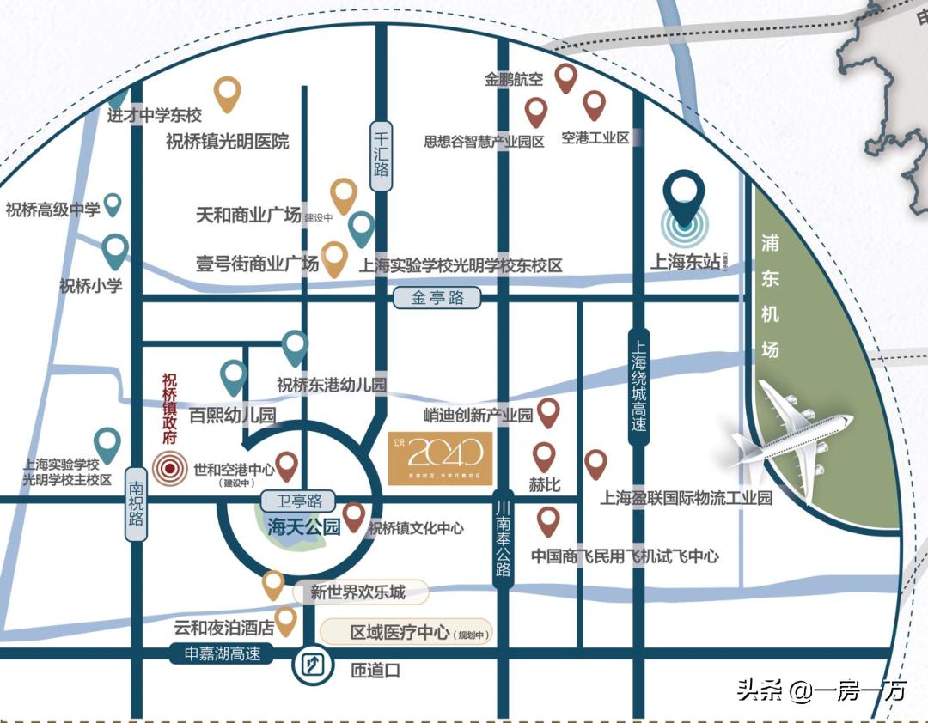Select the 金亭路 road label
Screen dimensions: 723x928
(x=437, y=299)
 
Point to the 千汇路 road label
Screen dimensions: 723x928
(x=382, y=149)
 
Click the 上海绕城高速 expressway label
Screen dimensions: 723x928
(x=638, y=386)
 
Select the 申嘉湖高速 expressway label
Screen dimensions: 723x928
(x=223, y=654)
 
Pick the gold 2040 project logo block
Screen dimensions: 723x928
(x=440, y=458)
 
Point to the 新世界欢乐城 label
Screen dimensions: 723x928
(x=358, y=592)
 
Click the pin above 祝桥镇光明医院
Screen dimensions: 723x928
(x=227, y=94)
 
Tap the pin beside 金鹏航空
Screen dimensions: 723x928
(x=565, y=78)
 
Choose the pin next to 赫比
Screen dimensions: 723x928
(x=544, y=457)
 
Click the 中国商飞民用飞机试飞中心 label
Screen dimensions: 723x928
(x=625, y=556)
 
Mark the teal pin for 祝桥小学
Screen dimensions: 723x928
(x=115, y=251)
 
